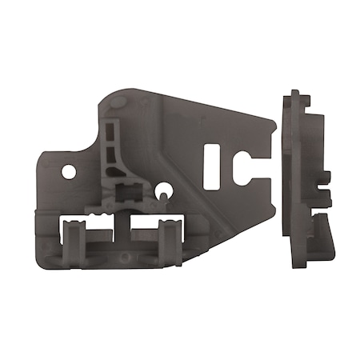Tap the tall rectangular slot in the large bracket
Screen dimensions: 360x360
(212, 166)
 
